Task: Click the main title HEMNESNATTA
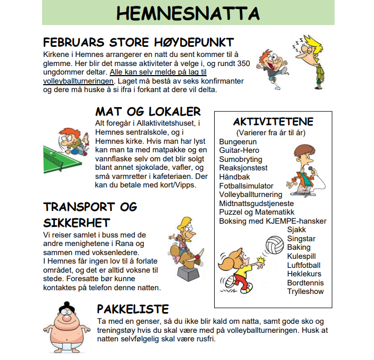click(x=188, y=13)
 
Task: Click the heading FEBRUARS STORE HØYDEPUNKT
click(x=138, y=43)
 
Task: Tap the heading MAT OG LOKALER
click(x=148, y=111)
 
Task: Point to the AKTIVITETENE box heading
click(x=273, y=122)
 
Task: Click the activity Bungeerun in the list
click(x=238, y=142)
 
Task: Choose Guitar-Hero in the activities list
click(x=239, y=151)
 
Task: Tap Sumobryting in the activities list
click(x=241, y=159)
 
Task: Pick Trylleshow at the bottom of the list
click(x=305, y=291)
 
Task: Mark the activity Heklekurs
click(x=304, y=274)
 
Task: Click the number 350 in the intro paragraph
click(x=243, y=63)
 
